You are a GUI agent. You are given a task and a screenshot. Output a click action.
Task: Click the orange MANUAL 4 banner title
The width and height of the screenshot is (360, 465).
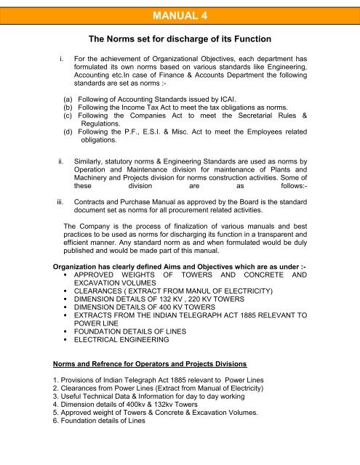click(x=180, y=12)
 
